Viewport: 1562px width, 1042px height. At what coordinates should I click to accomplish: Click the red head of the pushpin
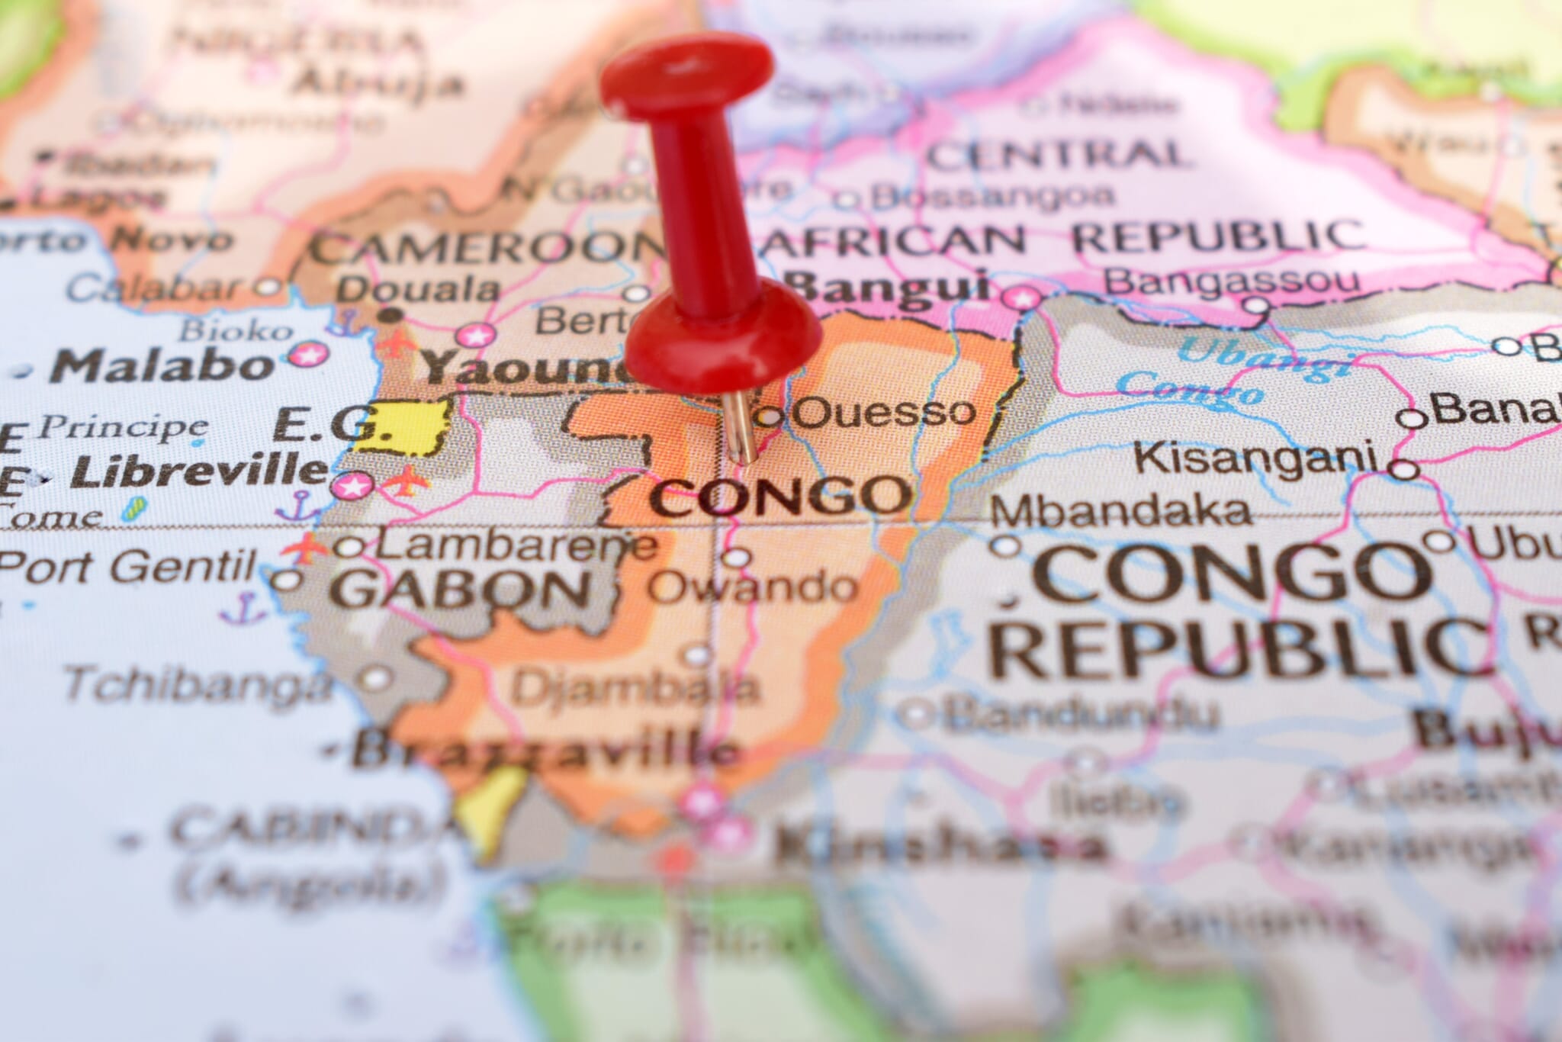[686, 72]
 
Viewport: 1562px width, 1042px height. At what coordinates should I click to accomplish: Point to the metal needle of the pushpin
[738, 427]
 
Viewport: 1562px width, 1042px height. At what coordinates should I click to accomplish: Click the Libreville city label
[198, 472]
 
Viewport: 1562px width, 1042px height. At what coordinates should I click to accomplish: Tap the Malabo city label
[162, 366]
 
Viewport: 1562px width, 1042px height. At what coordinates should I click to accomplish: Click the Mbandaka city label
[1120, 510]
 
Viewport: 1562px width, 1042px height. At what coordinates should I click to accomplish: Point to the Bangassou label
[1231, 281]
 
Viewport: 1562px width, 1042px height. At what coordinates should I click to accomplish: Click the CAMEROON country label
[488, 248]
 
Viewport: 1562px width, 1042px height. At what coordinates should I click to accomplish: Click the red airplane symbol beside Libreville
[406, 481]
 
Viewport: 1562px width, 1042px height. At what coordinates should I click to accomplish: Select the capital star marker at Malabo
[309, 353]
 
